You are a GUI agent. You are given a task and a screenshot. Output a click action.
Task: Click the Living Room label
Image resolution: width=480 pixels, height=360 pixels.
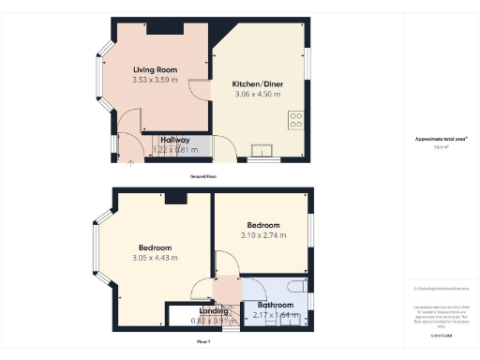point(155,69)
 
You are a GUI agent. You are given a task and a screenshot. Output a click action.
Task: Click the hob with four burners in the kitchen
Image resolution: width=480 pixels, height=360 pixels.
point(296,119)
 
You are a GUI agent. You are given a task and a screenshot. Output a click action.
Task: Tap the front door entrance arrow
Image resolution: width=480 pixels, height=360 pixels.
point(129,164)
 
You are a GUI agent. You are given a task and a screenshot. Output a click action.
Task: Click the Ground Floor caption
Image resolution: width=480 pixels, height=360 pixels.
point(203,175)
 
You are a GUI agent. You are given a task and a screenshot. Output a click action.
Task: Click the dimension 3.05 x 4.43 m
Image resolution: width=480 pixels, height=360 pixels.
point(155,258)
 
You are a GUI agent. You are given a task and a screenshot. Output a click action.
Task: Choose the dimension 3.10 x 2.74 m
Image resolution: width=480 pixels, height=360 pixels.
point(262,236)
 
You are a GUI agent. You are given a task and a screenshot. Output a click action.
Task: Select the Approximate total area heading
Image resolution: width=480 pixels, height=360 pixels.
point(442,139)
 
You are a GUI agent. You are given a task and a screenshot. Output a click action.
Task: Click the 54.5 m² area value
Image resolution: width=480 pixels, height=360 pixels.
point(442,147)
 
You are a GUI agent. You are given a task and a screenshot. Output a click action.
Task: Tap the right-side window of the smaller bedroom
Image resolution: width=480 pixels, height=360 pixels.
point(310,230)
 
